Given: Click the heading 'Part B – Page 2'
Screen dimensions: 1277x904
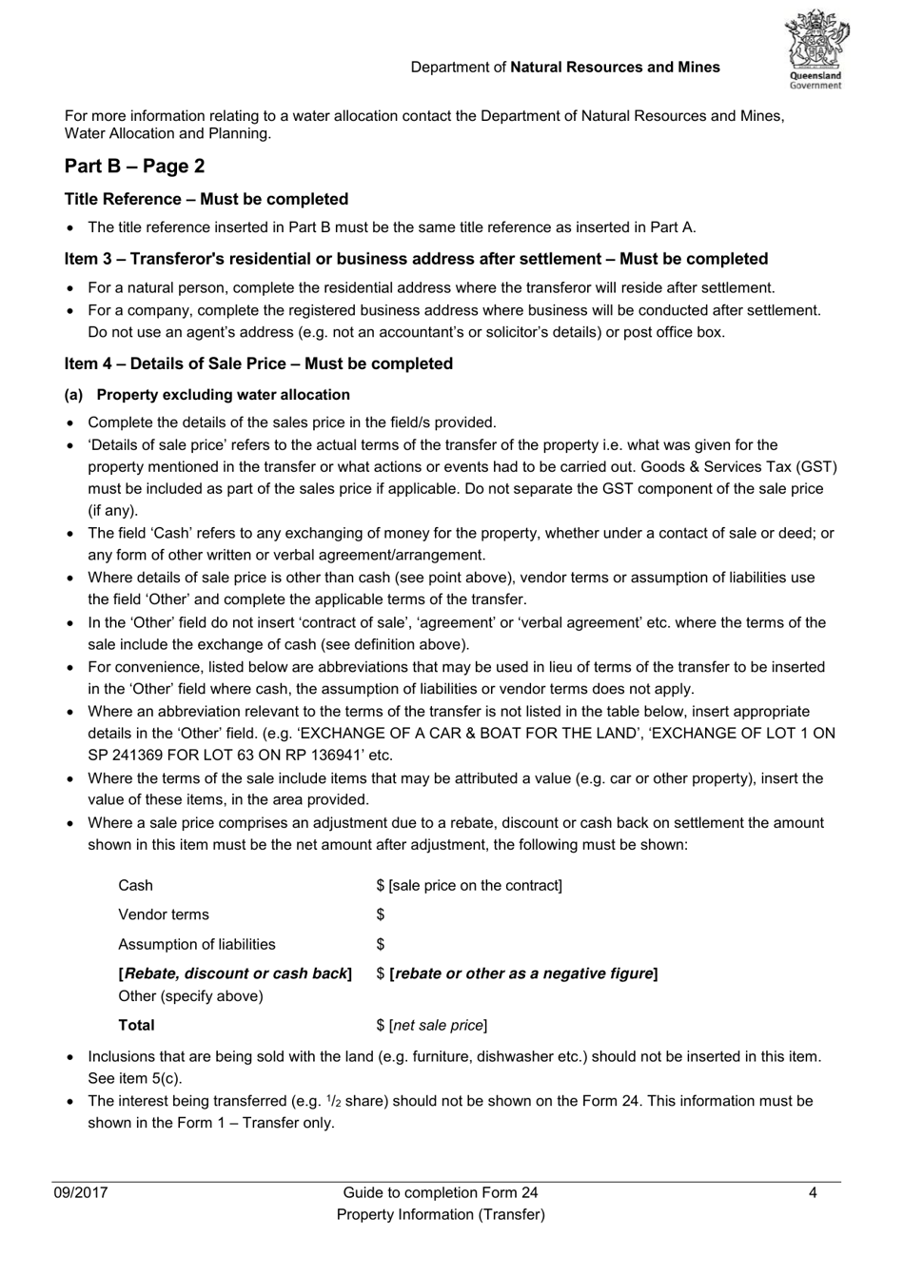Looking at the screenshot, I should click(x=134, y=167).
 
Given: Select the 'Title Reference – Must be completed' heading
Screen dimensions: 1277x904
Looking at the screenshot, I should click(x=206, y=199).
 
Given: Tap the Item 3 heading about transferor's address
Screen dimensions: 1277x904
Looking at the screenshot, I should click(x=416, y=259).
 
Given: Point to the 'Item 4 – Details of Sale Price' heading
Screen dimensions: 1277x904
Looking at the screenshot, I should click(x=259, y=363).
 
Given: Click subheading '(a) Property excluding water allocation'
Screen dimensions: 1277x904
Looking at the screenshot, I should click(x=207, y=395).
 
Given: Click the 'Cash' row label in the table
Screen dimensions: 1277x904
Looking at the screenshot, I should click(x=135, y=886).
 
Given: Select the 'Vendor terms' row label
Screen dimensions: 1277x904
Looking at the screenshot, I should click(x=164, y=915).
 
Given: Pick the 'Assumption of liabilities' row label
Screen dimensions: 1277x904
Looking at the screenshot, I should click(x=197, y=945).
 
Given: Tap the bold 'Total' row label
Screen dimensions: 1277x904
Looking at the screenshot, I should click(x=136, y=1026).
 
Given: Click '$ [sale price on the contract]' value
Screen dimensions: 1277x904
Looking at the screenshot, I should click(x=469, y=886).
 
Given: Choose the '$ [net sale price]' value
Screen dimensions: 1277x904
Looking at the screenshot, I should click(x=432, y=1026).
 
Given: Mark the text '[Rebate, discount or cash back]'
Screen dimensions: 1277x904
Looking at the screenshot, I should click(x=235, y=973).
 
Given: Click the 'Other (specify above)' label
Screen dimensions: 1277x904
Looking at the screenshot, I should click(x=190, y=996).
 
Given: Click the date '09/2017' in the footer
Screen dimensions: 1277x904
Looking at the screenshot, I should click(x=81, y=1193).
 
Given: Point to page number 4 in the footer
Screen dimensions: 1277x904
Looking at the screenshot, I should click(x=813, y=1193).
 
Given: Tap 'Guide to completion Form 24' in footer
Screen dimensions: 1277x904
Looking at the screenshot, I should click(x=441, y=1193).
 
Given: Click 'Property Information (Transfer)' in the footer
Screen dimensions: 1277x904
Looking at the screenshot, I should click(x=441, y=1215).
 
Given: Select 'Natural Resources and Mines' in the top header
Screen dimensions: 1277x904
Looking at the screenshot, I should click(x=616, y=68).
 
